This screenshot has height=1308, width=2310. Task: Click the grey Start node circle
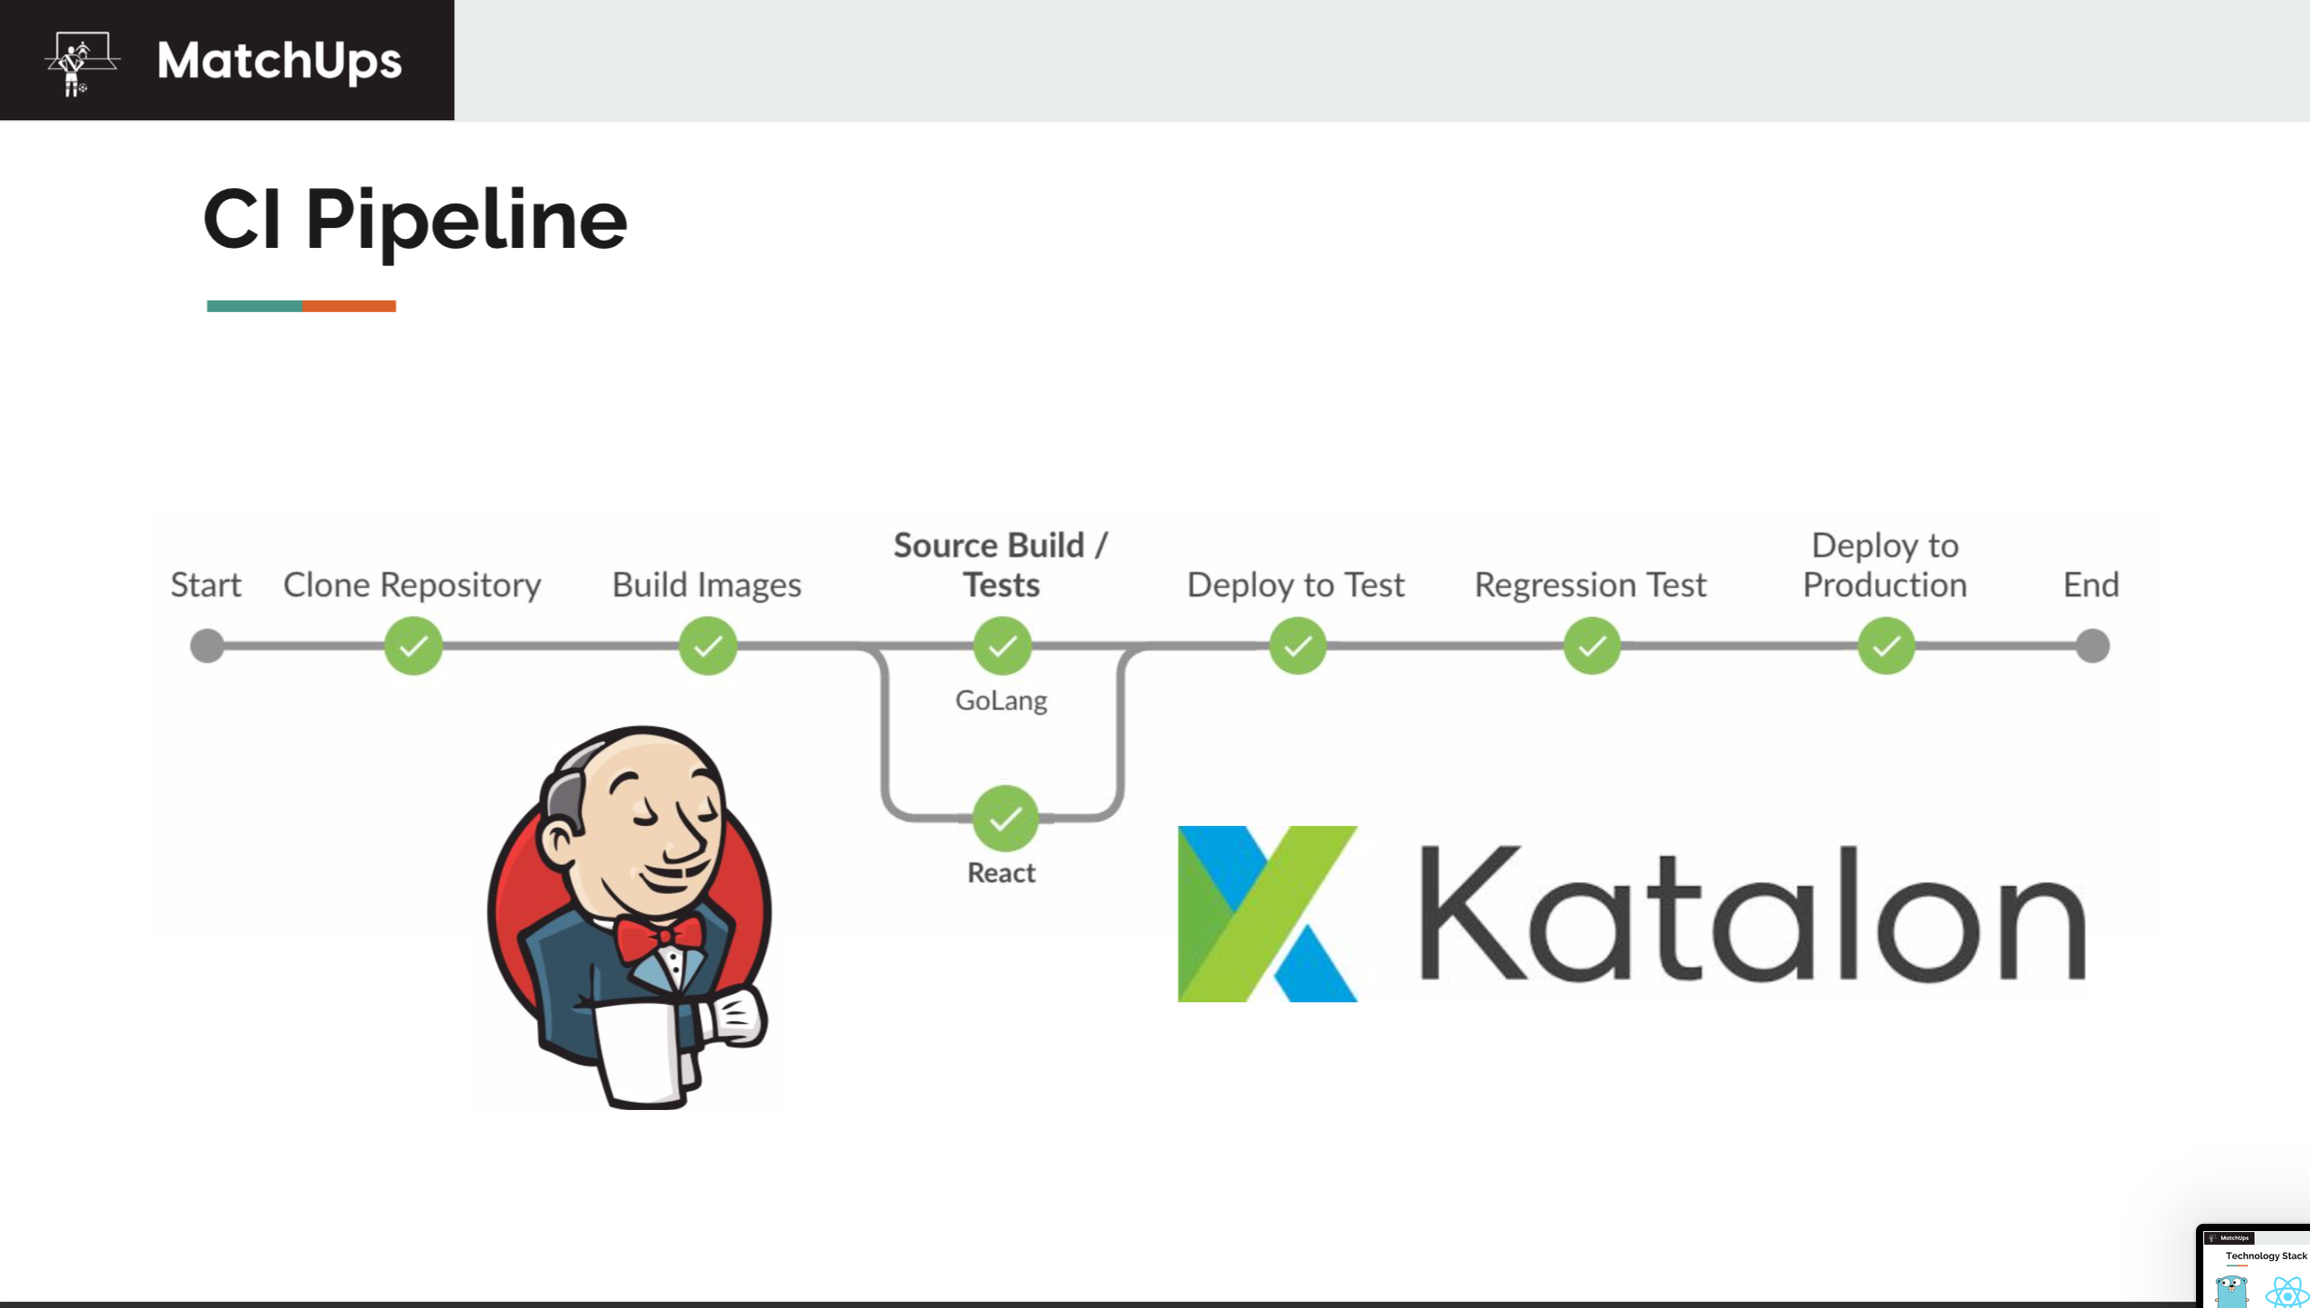(x=207, y=646)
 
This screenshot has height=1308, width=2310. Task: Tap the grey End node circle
(x=2092, y=646)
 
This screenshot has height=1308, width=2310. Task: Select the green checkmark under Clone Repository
(x=413, y=646)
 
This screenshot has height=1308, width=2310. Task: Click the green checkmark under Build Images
(x=707, y=646)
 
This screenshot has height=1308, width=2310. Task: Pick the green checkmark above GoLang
(x=1002, y=646)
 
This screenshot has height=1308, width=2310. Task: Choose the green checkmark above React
(x=1004, y=819)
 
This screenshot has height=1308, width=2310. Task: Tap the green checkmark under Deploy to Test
(x=1297, y=646)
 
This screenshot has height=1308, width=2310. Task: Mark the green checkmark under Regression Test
(x=1592, y=646)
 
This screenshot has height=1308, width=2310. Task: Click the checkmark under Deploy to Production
(x=1886, y=646)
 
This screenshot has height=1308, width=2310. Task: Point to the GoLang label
(x=1001, y=700)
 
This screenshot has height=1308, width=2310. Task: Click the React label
(x=1001, y=873)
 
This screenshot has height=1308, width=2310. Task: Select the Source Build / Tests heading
(x=1000, y=564)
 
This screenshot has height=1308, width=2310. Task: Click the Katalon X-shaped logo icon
(x=1267, y=914)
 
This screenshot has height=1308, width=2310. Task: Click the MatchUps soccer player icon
(x=80, y=62)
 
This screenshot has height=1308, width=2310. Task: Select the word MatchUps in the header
(x=279, y=62)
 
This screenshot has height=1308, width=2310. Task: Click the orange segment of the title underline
(x=349, y=306)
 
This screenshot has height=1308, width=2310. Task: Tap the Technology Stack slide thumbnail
(x=2254, y=1266)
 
